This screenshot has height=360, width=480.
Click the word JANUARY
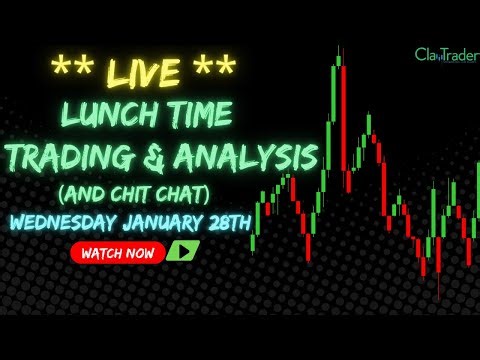click(174, 221)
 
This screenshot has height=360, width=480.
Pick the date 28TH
click(247, 221)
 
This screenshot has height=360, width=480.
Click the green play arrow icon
click(182, 253)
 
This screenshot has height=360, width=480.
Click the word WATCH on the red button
click(102, 254)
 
